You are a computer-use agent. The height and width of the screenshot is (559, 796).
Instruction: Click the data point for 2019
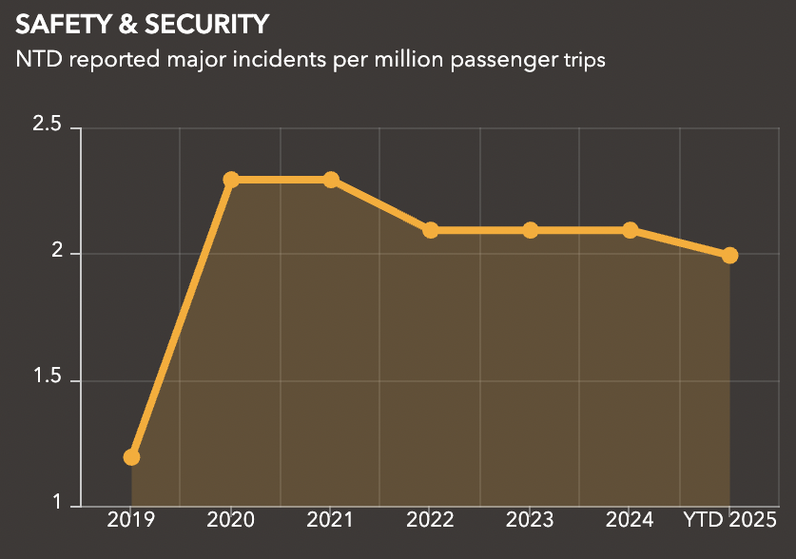click(131, 457)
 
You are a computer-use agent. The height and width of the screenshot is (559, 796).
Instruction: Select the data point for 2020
click(231, 180)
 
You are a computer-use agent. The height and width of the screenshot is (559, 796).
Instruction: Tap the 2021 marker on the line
click(331, 180)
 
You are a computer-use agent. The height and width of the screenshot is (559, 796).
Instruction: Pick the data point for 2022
click(431, 230)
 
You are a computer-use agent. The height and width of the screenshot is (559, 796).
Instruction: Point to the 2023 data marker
click(531, 230)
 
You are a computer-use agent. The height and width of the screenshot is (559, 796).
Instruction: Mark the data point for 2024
click(631, 230)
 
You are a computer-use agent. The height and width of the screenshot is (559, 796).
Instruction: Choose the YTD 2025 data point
click(729, 255)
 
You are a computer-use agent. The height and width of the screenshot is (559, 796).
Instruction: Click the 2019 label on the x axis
click(131, 520)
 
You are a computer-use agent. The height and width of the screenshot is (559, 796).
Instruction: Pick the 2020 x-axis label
click(231, 520)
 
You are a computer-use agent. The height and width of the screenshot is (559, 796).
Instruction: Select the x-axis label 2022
click(431, 520)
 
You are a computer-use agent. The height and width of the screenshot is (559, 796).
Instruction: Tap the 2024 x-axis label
click(631, 520)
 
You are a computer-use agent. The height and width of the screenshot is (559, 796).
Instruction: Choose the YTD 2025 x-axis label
click(729, 520)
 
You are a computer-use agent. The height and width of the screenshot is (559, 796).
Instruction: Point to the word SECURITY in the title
click(205, 23)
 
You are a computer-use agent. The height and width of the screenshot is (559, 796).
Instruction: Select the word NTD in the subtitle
click(37, 59)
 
